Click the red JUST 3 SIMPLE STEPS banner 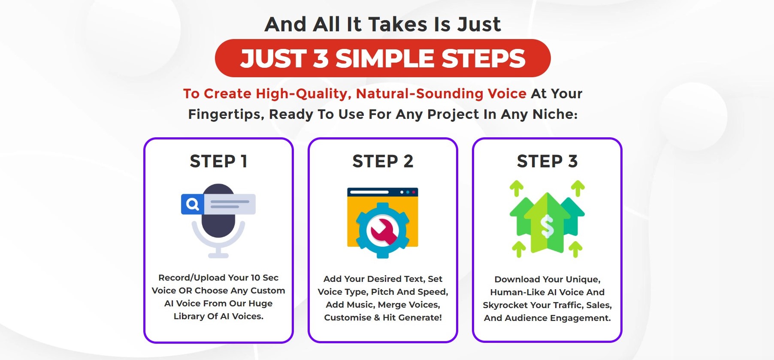coord(383,58)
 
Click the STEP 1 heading coord(218,161)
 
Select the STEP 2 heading coord(383,161)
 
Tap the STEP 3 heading coord(547,161)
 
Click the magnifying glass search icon coord(193,204)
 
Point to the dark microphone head coord(218,211)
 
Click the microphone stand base coord(218,255)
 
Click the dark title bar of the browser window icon coord(382,192)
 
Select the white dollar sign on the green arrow coord(547,226)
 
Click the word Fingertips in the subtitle coord(226,115)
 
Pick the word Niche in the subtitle coord(555,114)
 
